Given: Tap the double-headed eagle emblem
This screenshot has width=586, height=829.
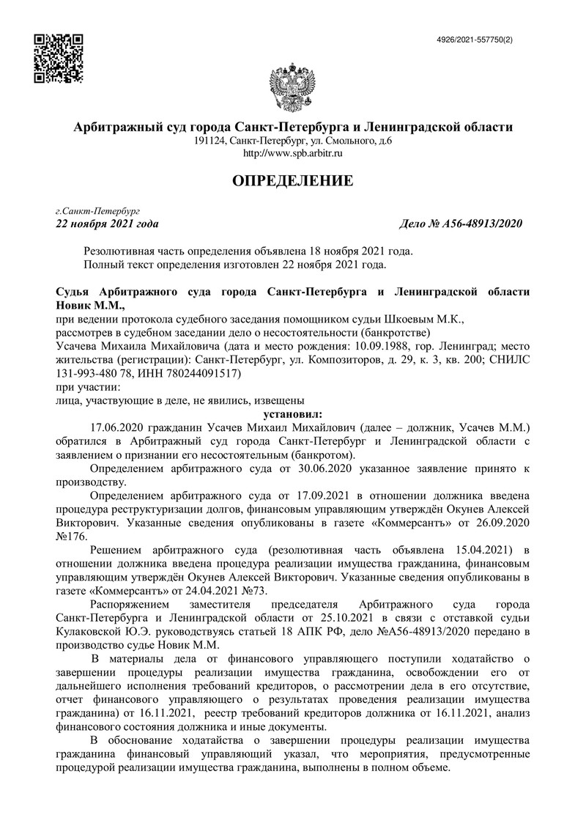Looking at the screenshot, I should tap(292, 86).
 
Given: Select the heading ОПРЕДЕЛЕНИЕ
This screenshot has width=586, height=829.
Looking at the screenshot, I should tap(292, 180).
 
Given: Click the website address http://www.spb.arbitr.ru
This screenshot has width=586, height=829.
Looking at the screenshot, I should tap(292, 153).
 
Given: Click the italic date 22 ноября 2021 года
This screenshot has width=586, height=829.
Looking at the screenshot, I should tap(106, 224).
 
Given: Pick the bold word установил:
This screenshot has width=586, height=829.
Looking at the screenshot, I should tap(292, 413).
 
